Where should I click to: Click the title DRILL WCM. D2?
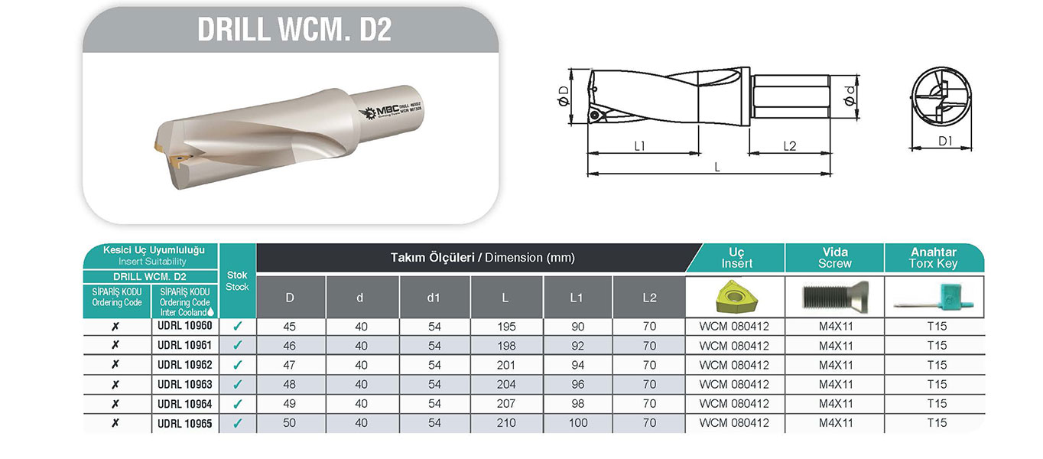294,29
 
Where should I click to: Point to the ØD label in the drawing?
564,96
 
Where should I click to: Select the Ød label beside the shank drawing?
850,96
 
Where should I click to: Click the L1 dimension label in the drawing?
640,146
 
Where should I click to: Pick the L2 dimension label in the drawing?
790,146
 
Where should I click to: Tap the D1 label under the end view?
945,141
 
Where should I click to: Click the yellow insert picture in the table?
736,296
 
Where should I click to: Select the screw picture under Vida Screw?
835,297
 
